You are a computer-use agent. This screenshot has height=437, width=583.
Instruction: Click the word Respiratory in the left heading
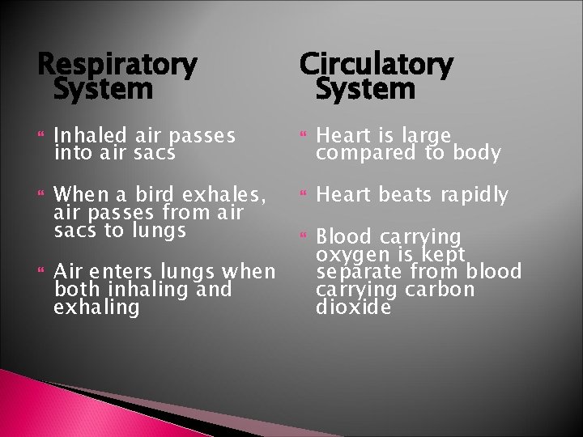pos(117,64)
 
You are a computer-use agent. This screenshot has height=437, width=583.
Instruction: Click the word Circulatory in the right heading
pos(377,64)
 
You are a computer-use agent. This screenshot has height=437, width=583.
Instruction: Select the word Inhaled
pos(87,134)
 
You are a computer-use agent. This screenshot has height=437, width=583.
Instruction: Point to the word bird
pos(154,194)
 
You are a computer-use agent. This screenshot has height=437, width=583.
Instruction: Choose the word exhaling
pos(96,308)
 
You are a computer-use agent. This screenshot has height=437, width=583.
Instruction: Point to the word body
pos(477,152)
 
